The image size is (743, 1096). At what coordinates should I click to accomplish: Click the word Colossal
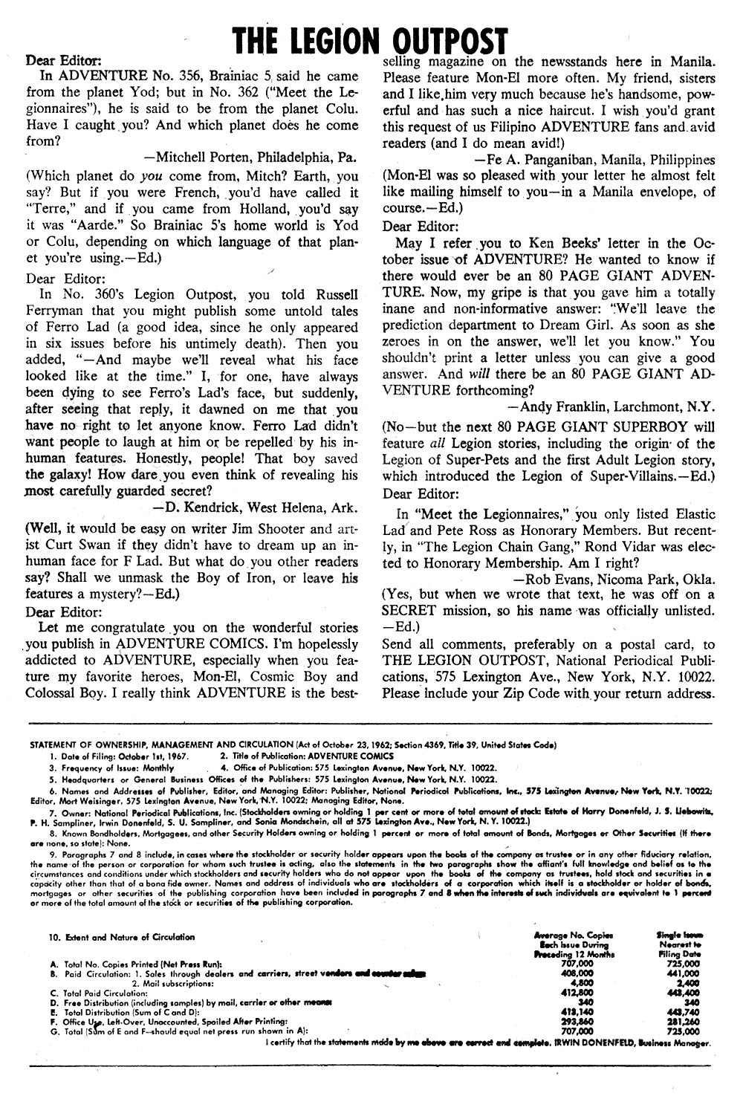[53, 693]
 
